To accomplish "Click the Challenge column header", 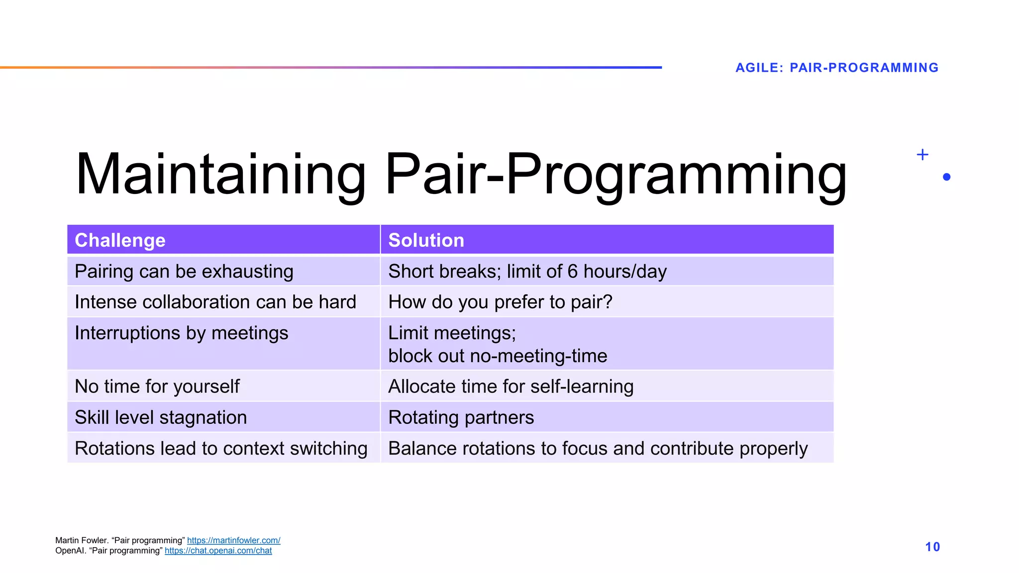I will point(120,240).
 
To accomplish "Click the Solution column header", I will point(426,240).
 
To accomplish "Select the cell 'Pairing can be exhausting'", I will point(184,272).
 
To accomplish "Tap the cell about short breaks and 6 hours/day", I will point(527,272).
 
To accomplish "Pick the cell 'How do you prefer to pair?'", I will point(500,302).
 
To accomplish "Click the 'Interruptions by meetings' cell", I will point(181,333).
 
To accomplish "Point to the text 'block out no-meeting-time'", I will point(498,356).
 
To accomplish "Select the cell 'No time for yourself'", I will point(157,386).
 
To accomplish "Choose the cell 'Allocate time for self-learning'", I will point(510,386).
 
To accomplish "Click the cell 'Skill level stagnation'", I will point(161,417).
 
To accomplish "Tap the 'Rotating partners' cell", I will point(461,417).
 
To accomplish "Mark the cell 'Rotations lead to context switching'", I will point(221,448).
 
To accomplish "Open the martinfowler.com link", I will point(233,540).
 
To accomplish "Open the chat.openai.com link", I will point(218,551).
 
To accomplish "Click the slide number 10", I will point(932,547).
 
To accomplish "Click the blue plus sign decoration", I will point(922,155).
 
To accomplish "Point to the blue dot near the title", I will point(947,177).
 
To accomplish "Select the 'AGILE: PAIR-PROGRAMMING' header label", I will point(837,68).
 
